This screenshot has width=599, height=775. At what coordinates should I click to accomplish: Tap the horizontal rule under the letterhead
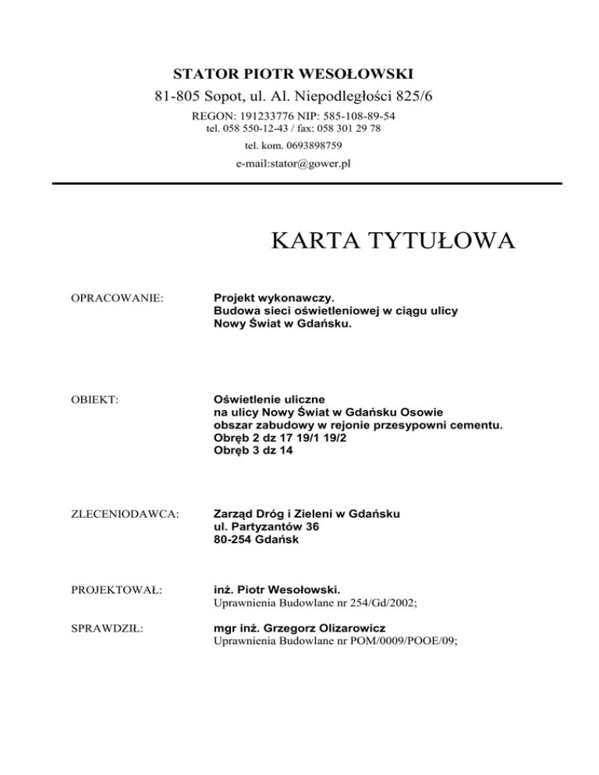click(307, 183)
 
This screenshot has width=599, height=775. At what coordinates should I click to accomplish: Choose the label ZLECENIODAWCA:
click(114, 515)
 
